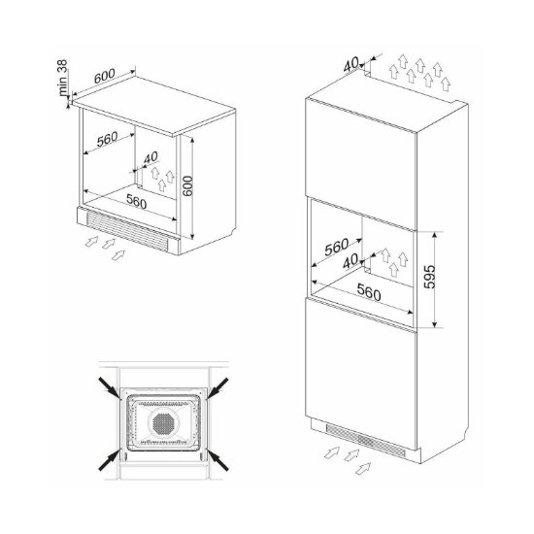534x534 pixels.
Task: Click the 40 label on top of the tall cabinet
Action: pos(350,63)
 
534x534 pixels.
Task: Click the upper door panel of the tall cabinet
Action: pos(361,146)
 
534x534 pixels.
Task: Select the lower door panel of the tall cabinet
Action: pos(361,359)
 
